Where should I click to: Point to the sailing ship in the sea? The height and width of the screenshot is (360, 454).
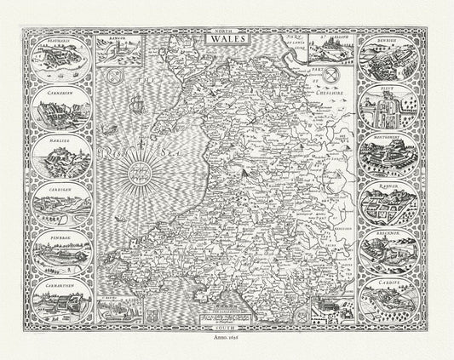point(137,111)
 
